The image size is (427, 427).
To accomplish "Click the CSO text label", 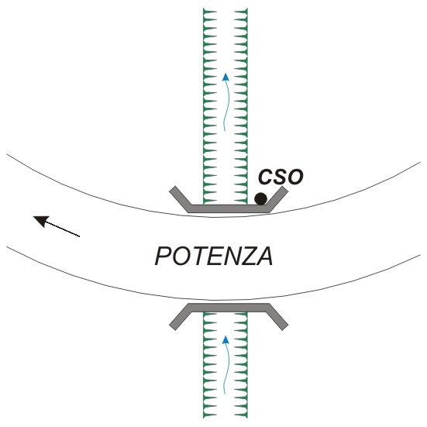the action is coord(281,177).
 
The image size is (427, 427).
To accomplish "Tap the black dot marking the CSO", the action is coord(260,199).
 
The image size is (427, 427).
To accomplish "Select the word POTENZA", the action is coord(214,256).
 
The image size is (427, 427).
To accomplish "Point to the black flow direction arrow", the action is coord(56,226).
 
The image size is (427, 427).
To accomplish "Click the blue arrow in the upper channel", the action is coord(226,102).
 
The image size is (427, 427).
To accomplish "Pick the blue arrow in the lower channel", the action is coord(226,365).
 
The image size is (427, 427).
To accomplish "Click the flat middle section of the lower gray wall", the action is coord(228,308).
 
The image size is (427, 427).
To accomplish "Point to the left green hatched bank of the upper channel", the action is coord(210,106).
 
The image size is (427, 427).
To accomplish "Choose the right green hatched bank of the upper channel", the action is coord(241,106).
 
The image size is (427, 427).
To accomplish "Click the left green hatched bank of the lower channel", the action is coord(210,365).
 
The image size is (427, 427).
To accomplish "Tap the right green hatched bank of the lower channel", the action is coord(241,365).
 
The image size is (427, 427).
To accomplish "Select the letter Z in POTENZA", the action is coord(246,256).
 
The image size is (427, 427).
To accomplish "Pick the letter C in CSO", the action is coord(265,177).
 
